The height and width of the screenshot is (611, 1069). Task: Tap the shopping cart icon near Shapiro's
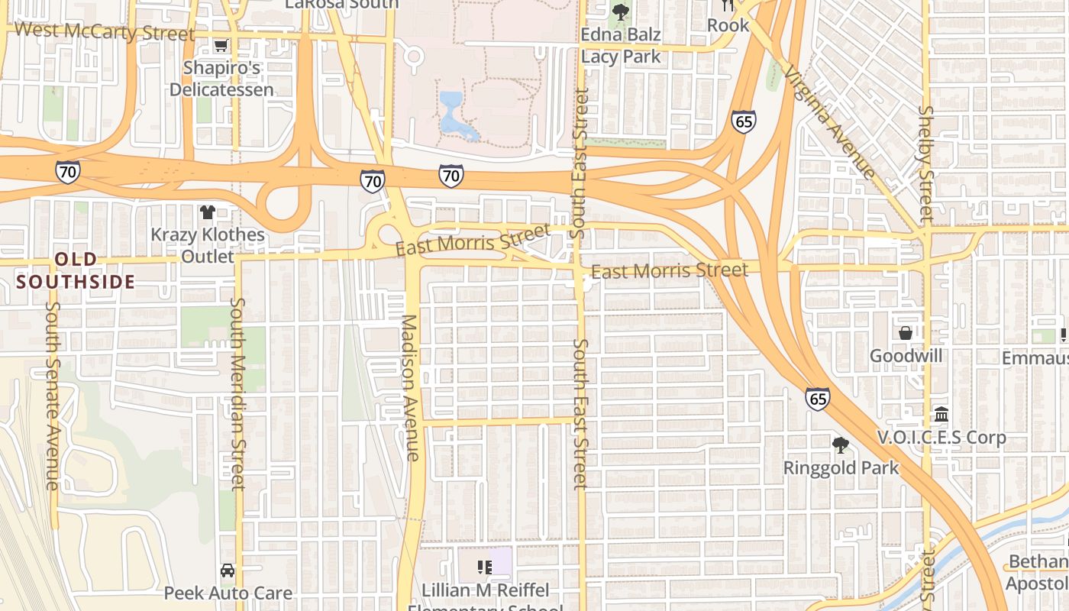tap(221, 46)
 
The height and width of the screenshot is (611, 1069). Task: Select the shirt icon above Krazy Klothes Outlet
tap(207, 212)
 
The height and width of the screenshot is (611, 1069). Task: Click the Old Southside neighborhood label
tap(76, 270)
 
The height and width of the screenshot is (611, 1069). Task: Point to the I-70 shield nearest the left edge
tap(67, 171)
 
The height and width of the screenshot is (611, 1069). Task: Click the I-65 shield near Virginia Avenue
tap(743, 121)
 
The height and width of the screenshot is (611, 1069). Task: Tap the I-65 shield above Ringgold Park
tap(817, 399)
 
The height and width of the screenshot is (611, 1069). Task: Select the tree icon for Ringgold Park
tap(841, 445)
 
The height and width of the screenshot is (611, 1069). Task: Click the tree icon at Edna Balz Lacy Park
tap(621, 12)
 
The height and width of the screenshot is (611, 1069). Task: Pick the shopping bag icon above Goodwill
tap(906, 333)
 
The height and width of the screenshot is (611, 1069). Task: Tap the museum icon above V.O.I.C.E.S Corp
tap(941, 415)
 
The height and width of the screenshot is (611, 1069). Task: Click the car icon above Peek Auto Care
tap(228, 571)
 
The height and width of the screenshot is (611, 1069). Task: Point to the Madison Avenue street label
tap(410, 387)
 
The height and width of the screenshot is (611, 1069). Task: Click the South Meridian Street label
tap(237, 393)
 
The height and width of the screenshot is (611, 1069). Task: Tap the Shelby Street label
tap(926, 163)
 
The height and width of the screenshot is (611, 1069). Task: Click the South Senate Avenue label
tap(52, 395)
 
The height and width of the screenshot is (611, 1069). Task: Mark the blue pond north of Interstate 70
tap(454, 115)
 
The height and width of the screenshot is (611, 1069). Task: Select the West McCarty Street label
tap(105, 32)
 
